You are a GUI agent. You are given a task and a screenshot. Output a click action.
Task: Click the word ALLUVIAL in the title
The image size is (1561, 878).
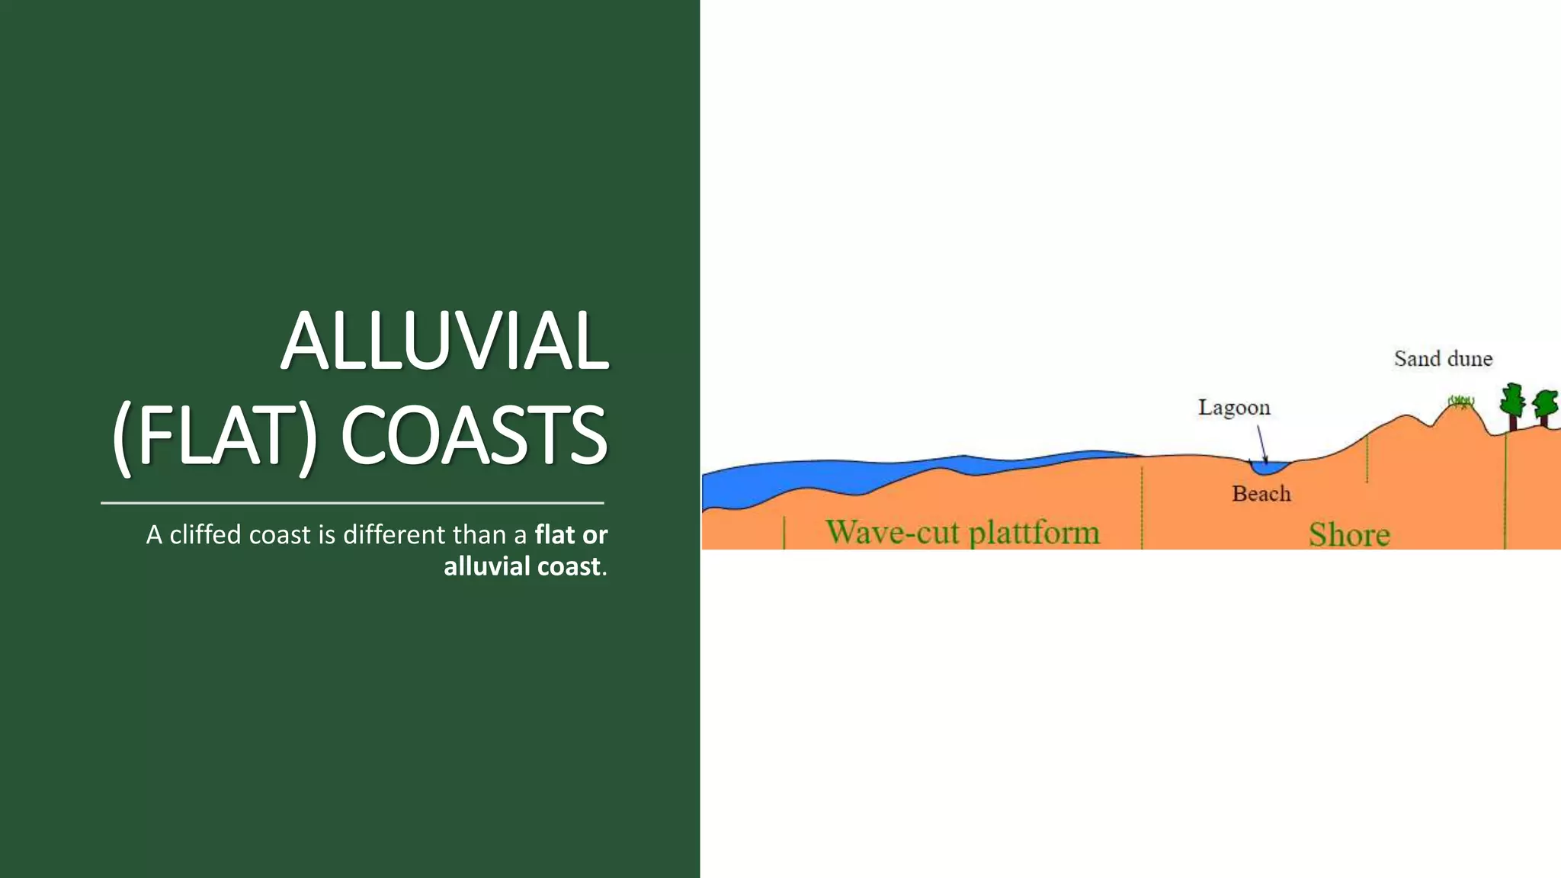[x=445, y=341]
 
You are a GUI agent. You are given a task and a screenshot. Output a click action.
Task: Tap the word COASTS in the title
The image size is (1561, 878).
[x=473, y=436]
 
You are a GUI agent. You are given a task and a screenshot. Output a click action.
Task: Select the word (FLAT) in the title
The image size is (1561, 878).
[x=214, y=436]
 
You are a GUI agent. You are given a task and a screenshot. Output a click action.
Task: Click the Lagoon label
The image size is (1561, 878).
[x=1234, y=408]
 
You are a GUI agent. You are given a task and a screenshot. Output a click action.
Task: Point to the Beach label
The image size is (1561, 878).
[x=1261, y=494]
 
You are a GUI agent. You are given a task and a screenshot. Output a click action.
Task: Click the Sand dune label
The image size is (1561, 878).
[x=1443, y=359]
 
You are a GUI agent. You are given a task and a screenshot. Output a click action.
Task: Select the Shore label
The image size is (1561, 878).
[x=1349, y=535]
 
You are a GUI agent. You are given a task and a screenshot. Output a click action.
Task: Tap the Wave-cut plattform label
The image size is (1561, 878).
[x=963, y=532]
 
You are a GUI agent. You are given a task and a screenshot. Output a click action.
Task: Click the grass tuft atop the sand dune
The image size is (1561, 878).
[x=1461, y=401]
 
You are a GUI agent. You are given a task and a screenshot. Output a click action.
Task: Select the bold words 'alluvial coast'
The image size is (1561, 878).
[x=522, y=566]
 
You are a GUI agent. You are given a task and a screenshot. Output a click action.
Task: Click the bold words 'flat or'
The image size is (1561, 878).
[x=571, y=534]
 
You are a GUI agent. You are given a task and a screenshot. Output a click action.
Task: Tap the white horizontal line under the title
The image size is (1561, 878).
[x=352, y=503]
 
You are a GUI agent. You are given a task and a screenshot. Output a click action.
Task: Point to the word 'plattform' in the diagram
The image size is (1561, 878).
[x=1034, y=533]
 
